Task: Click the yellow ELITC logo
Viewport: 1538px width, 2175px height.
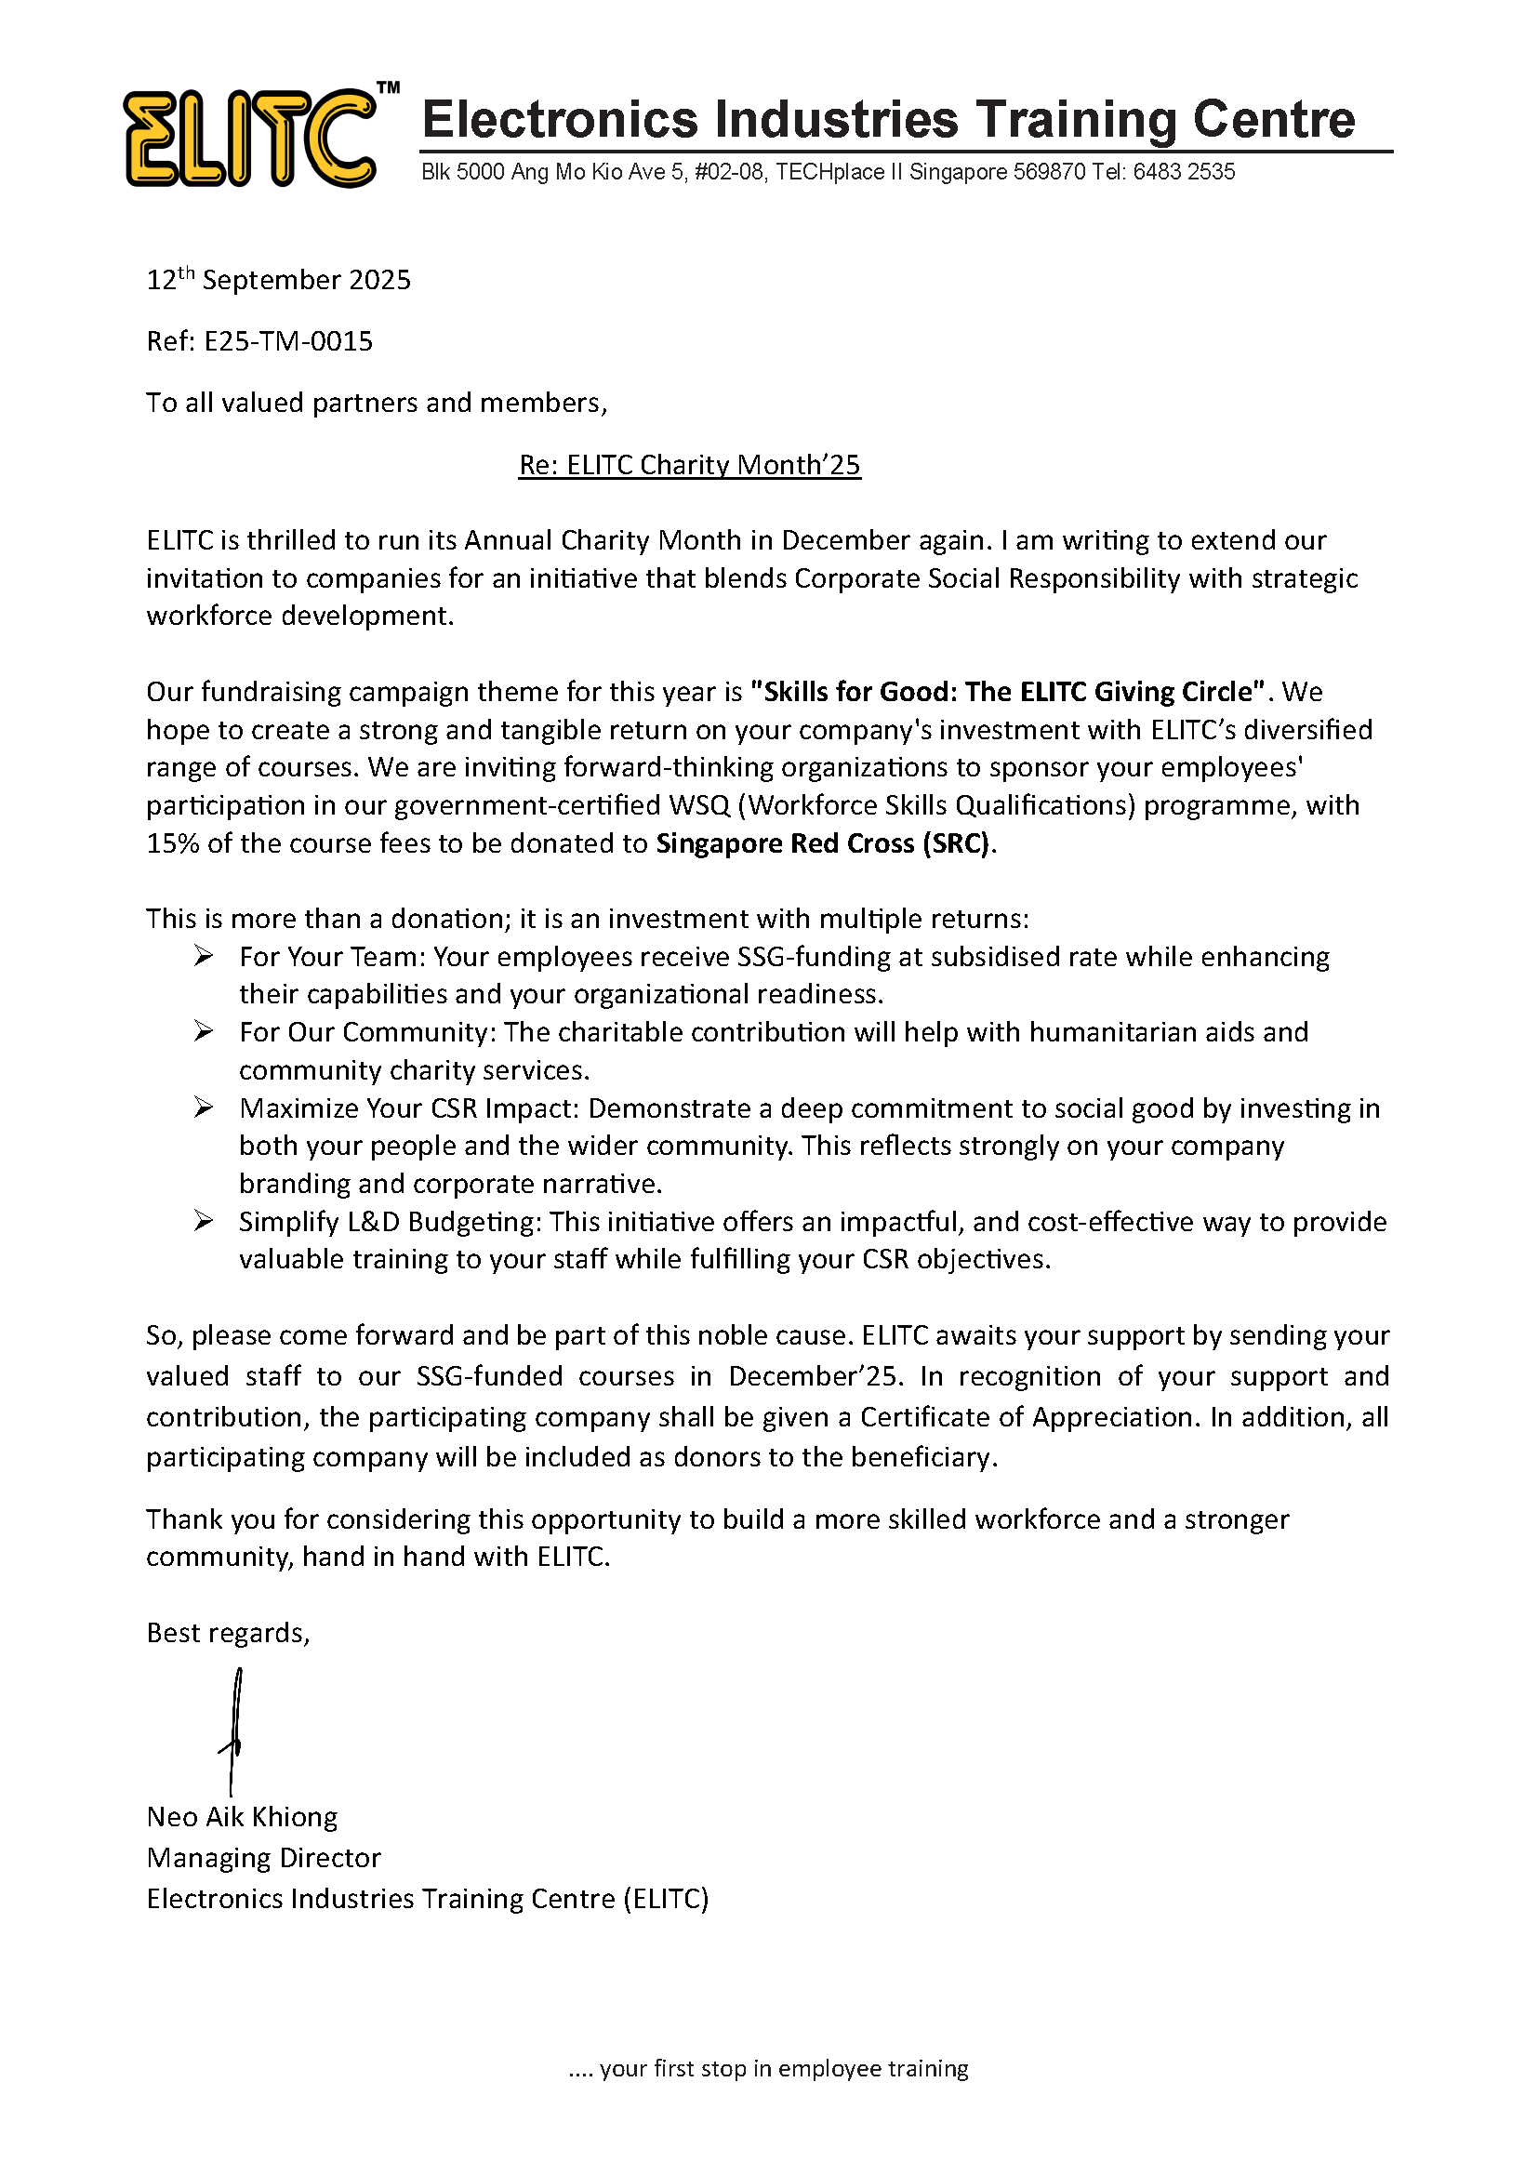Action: [x=250, y=139]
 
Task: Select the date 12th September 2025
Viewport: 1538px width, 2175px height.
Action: [x=278, y=281]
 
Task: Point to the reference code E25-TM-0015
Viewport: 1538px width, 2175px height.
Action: [x=289, y=341]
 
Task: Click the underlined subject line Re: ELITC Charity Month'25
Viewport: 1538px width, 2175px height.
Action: [x=689, y=465]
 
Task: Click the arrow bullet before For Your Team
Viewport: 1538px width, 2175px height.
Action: [x=204, y=956]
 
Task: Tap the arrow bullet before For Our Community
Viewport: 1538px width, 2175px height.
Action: [x=204, y=1030]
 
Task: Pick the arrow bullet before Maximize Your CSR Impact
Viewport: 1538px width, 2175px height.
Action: [x=204, y=1107]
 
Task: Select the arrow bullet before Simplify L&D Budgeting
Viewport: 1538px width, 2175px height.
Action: [x=204, y=1221]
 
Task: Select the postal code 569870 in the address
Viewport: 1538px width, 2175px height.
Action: [x=1049, y=172]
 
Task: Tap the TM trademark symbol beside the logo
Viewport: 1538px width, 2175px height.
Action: [x=389, y=88]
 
